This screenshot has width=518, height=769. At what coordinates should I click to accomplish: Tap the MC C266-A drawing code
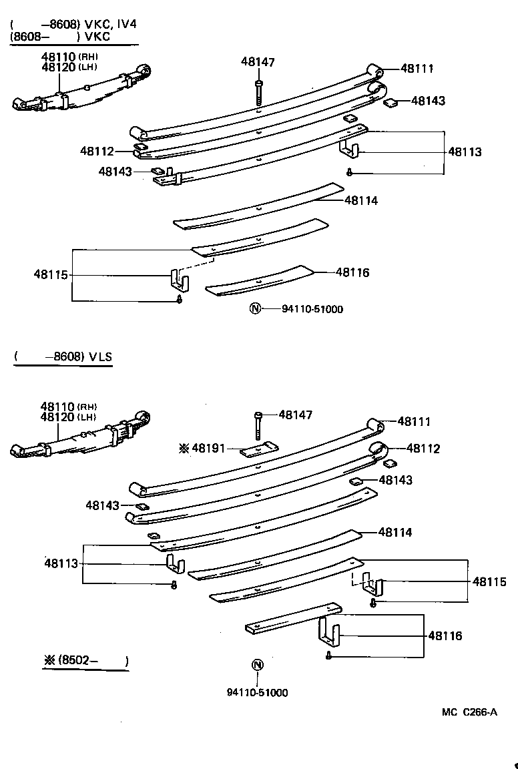click(469, 712)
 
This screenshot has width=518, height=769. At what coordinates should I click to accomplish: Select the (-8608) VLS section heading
click(63, 357)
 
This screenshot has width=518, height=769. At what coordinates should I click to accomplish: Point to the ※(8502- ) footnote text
click(85, 661)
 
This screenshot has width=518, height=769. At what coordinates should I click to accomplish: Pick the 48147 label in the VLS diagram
click(295, 415)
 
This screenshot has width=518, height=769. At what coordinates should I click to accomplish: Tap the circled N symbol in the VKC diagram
click(254, 309)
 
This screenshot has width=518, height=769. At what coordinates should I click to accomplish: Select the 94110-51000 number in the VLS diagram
click(257, 693)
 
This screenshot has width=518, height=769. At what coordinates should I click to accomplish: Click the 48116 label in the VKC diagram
click(352, 272)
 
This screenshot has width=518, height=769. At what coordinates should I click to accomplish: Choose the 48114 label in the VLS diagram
click(395, 532)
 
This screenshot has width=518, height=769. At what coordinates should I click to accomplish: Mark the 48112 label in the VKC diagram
click(97, 152)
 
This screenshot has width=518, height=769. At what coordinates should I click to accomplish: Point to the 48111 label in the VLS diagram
click(414, 421)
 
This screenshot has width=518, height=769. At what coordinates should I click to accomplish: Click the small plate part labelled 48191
click(257, 450)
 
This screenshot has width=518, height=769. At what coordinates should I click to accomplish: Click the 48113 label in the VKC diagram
click(464, 152)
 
